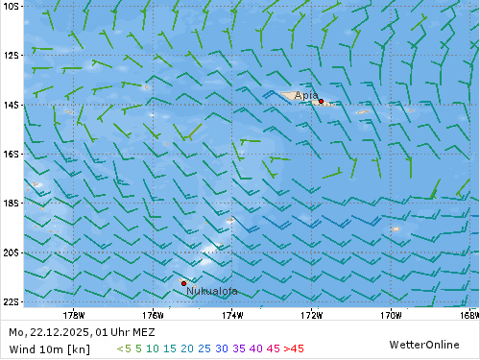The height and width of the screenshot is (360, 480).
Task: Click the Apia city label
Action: click(x=305, y=95)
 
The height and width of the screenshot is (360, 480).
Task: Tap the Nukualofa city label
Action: click(x=212, y=291)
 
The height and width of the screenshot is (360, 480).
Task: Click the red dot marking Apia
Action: click(x=321, y=101)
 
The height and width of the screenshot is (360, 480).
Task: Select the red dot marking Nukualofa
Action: click(x=183, y=282)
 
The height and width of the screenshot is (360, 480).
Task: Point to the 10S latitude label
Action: click(x=12, y=6)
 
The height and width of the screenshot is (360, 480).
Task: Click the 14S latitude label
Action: click(x=12, y=105)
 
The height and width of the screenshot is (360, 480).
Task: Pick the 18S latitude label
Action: click(x=12, y=204)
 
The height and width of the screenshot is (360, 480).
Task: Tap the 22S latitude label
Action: click(x=12, y=301)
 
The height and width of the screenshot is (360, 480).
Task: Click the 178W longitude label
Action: click(x=73, y=313)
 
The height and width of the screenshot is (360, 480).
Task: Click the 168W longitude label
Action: click(x=468, y=313)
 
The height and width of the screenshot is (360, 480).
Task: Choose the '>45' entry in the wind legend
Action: click(x=293, y=348)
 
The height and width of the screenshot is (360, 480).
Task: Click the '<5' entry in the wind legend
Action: click(x=124, y=348)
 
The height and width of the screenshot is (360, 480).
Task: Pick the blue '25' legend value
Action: click(x=203, y=348)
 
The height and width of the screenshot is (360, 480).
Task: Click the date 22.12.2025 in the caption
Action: click(x=60, y=332)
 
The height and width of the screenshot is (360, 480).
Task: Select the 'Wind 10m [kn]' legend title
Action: click(x=40, y=348)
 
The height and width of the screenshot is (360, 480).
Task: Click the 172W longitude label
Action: click(x=310, y=313)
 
